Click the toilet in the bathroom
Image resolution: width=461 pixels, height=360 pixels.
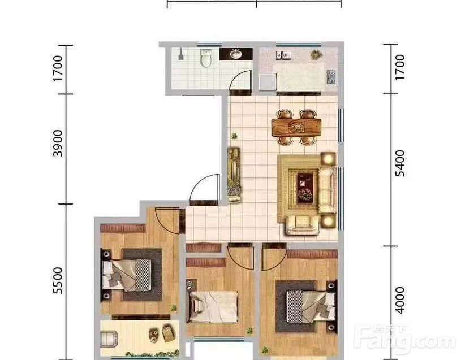[x=206, y=58]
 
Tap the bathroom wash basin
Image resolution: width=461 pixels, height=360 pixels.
[x=235, y=54]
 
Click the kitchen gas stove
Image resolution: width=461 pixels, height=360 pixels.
[x=331, y=77]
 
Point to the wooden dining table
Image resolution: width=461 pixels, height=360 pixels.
[x=296, y=127]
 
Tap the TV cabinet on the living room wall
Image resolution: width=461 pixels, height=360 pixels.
[x=234, y=174]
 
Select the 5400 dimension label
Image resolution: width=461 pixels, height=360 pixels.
[x=399, y=163]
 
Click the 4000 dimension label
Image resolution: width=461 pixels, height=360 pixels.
[x=399, y=301]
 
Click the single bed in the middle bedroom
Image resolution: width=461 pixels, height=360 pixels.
[x=213, y=306]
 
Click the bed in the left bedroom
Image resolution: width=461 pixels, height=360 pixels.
[x=127, y=275]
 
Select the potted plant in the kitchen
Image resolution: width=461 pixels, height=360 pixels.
[x=316, y=54]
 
